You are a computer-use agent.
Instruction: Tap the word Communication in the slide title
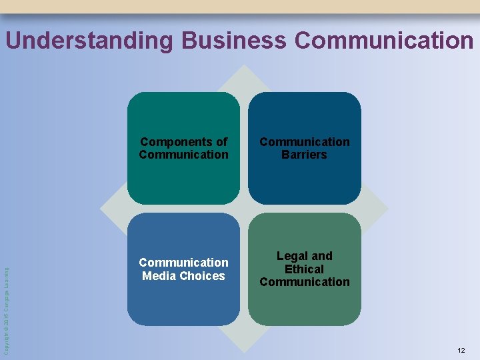[383, 41]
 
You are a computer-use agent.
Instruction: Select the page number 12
[461, 350]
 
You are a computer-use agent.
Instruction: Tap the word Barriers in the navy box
[304, 155]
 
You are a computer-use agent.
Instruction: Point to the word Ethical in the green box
[304, 269]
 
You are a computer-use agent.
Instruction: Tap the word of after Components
[221, 142]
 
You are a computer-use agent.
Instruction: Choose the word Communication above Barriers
[304, 142]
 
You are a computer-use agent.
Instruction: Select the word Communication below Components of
[183, 155]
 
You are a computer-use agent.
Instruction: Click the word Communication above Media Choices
[183, 263]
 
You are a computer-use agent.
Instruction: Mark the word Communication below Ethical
[304, 282]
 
